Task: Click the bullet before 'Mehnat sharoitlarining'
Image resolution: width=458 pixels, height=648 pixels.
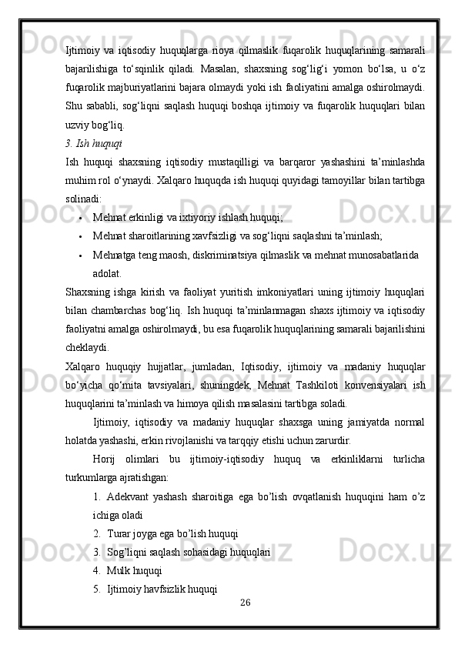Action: tap(80, 235)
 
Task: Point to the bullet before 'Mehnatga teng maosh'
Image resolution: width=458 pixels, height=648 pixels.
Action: tap(80, 254)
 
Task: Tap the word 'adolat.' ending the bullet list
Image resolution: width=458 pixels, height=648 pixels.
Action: tap(106, 272)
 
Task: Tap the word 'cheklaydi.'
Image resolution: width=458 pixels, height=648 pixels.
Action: tap(88, 346)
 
